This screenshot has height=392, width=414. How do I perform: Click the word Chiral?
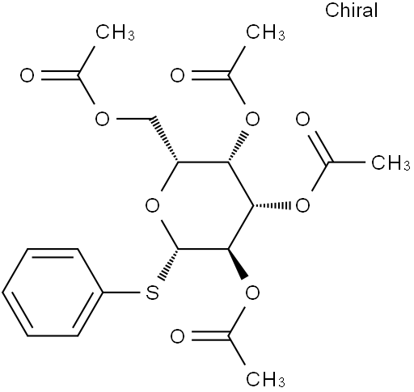click(x=351, y=11)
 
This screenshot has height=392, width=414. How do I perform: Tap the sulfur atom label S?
click(x=152, y=293)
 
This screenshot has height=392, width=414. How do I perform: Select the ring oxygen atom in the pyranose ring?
click(x=152, y=206)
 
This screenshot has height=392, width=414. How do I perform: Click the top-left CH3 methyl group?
click(x=115, y=32)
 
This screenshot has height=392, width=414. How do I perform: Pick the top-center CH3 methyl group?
click(x=265, y=32)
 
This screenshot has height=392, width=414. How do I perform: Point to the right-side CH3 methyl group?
click(x=391, y=162)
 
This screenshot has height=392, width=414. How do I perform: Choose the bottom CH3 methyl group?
click(x=265, y=379)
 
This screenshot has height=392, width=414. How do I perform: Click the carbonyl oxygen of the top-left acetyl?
click(x=27, y=75)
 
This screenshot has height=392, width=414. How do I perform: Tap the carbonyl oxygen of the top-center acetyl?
click(x=178, y=75)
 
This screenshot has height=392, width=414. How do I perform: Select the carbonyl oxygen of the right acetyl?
click(x=302, y=119)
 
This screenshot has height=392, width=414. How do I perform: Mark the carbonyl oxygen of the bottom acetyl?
click(x=178, y=336)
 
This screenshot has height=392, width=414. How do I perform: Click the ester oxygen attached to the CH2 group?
click(x=103, y=119)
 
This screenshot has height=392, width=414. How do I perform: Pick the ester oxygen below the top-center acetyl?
click(x=253, y=119)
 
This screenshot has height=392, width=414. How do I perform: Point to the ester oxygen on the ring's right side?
click(x=302, y=206)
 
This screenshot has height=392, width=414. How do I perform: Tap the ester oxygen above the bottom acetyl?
click(x=253, y=293)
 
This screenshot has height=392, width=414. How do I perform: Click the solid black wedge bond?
click(x=238, y=263)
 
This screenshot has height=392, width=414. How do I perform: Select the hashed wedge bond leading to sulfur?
click(x=168, y=264)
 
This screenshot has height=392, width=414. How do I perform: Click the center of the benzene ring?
click(x=53, y=293)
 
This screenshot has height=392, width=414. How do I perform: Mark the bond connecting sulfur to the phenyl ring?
click(x=122, y=293)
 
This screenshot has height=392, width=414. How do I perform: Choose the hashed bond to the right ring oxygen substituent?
click(x=272, y=206)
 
